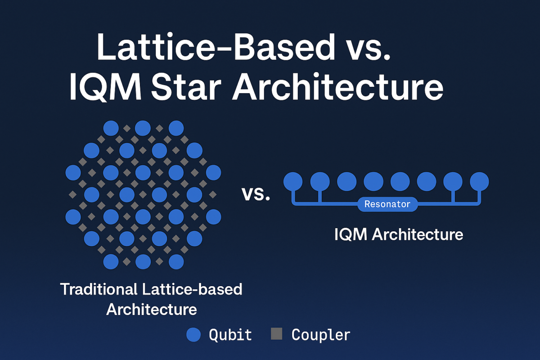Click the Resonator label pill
click(x=387, y=204)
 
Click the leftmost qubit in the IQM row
click(x=293, y=181)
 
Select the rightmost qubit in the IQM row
click(x=479, y=181)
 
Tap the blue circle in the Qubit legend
click(x=193, y=334)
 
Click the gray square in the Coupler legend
click(x=276, y=334)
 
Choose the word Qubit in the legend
click(x=230, y=334)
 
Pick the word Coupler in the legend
click(x=321, y=334)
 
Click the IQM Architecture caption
click(x=399, y=234)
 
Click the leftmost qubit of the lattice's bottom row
click(x=111, y=261)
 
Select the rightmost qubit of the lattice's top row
click(x=176, y=128)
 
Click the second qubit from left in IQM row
click(x=319, y=181)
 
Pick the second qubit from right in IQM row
click(x=453, y=181)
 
